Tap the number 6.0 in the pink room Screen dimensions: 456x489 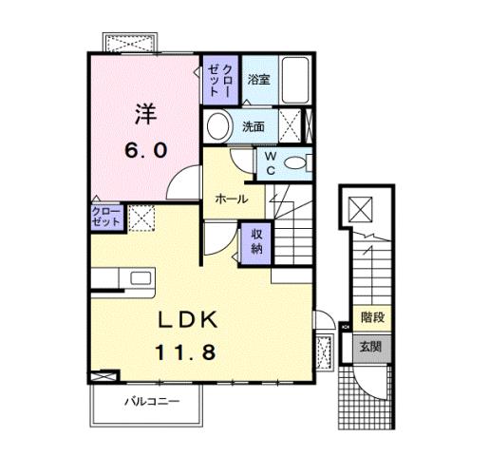coord(145,150)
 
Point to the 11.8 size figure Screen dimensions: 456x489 coord(187,351)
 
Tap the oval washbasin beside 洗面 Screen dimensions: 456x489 coord(218,126)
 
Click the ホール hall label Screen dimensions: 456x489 coord(232,199)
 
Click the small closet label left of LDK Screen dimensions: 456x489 coord(106,215)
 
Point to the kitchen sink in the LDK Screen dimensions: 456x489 coord(141,278)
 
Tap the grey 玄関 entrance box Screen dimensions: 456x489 coord(370,348)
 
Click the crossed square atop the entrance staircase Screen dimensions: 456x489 coord(361,210)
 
